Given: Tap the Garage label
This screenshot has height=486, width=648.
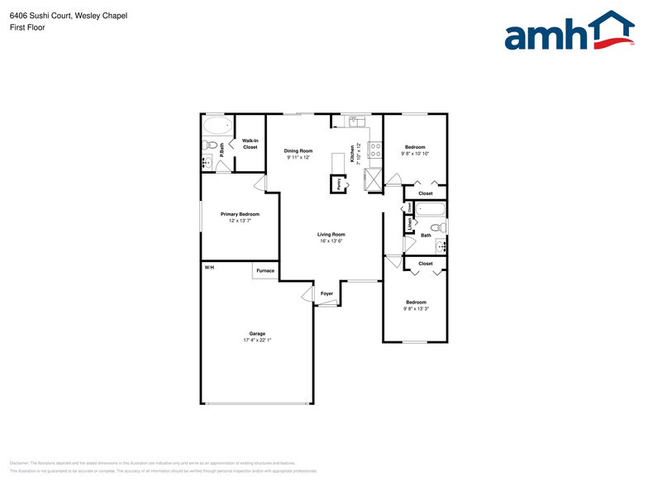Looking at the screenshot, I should [x=257, y=333].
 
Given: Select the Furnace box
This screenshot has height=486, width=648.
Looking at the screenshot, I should [x=265, y=270].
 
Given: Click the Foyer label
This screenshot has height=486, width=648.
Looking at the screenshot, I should [x=327, y=293].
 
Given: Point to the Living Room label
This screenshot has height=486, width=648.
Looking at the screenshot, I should [x=331, y=234].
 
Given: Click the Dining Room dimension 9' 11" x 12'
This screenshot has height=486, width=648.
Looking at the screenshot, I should [x=298, y=157].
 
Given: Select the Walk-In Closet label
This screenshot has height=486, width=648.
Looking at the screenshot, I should [x=250, y=144].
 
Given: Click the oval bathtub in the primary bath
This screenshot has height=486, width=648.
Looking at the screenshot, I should [x=218, y=126].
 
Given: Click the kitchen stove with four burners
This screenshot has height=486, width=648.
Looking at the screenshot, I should [x=374, y=150].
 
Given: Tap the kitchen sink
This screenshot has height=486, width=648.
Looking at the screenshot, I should [x=357, y=122].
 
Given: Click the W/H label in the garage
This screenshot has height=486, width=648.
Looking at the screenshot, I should [x=209, y=268].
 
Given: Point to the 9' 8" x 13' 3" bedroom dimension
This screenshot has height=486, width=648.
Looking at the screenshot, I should [x=416, y=308].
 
